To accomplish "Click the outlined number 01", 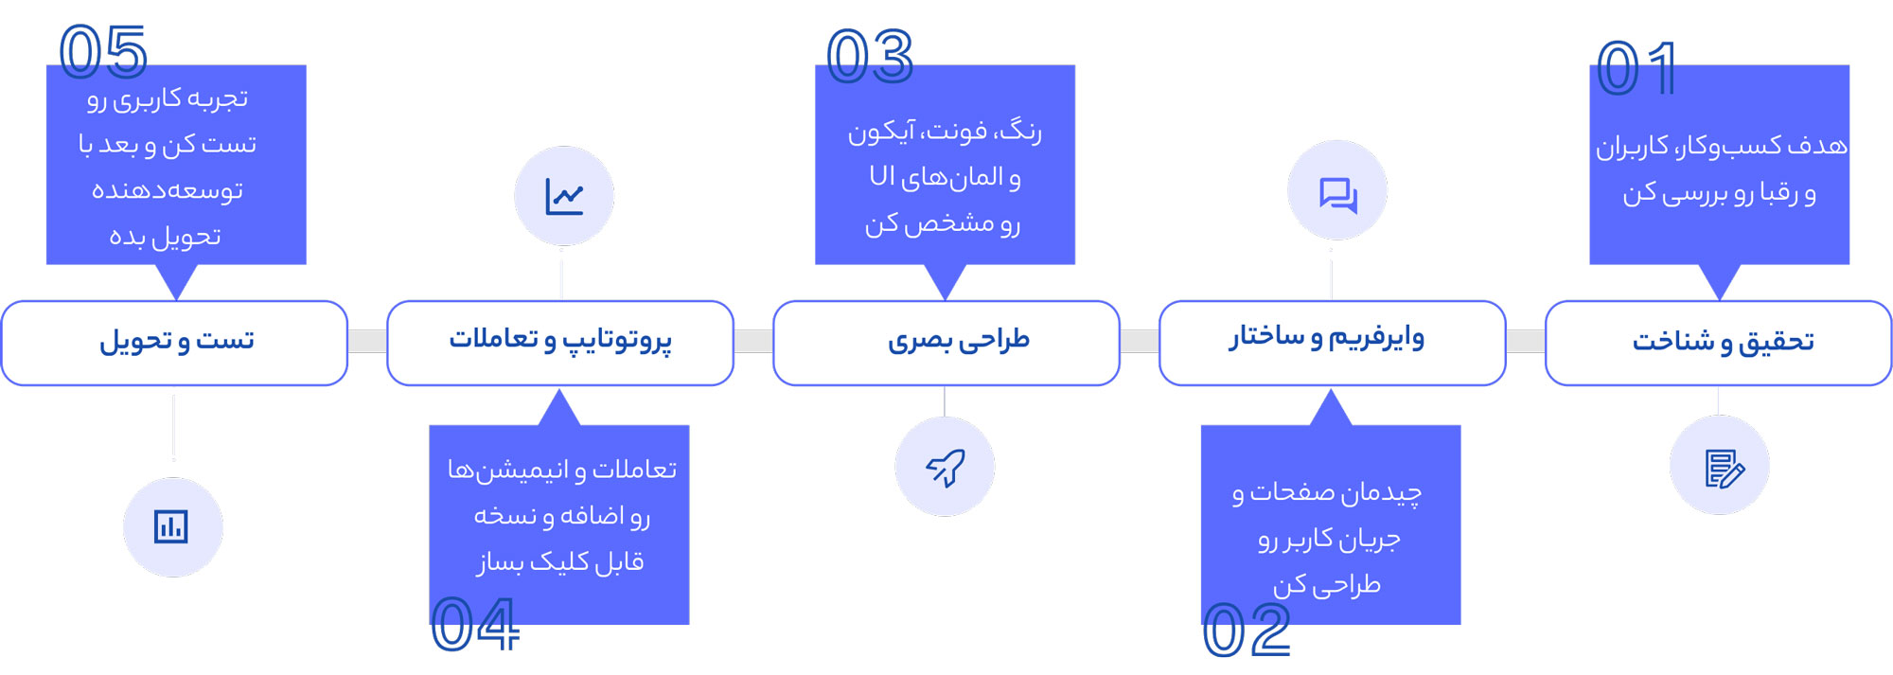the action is point(1636,68).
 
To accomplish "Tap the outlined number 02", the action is point(1247,631).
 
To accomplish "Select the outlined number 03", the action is point(870,56).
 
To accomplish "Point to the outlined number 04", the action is point(475,625).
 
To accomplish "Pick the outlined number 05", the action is point(103,51).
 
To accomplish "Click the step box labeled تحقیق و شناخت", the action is point(1718,343).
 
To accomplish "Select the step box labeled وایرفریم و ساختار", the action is point(1332,343).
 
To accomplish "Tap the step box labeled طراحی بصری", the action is point(946,343).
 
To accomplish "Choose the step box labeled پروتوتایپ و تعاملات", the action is point(560,343).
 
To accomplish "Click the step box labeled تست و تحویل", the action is point(174,343).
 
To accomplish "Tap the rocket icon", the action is point(945,468).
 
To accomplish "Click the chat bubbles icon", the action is point(1338,195).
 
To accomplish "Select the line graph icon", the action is point(564,196).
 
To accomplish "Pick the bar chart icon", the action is point(171,526).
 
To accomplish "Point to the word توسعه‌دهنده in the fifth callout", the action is point(168,190).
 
